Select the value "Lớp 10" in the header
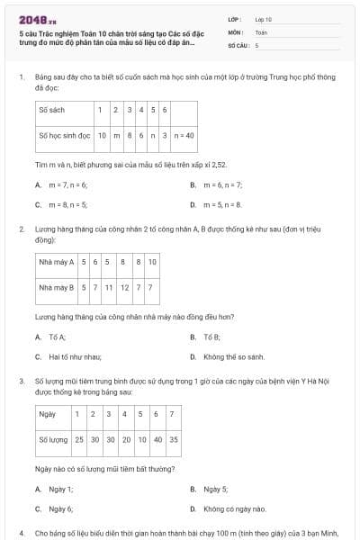tap(263, 19)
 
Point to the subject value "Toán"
tap(261, 31)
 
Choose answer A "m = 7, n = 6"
tap(67, 184)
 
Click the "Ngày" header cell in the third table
tap(47, 414)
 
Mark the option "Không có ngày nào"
tap(234, 508)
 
